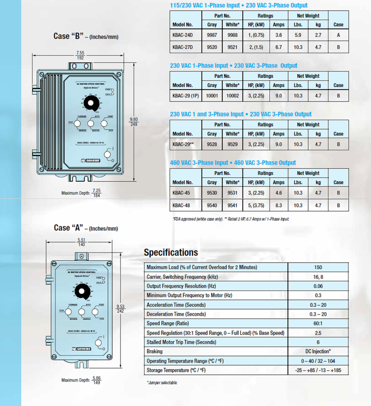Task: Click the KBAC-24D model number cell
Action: coord(183,36)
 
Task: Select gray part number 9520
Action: coord(212,47)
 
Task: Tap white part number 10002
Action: coord(232,96)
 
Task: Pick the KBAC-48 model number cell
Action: coord(181,206)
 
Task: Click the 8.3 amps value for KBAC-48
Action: coord(278,206)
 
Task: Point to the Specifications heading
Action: coord(171,252)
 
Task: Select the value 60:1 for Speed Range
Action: coord(318,324)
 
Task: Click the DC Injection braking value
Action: coord(318,351)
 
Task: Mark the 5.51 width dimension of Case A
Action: coord(81,240)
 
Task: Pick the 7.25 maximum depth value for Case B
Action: coord(96,191)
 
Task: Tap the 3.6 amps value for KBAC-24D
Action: coord(278,36)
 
